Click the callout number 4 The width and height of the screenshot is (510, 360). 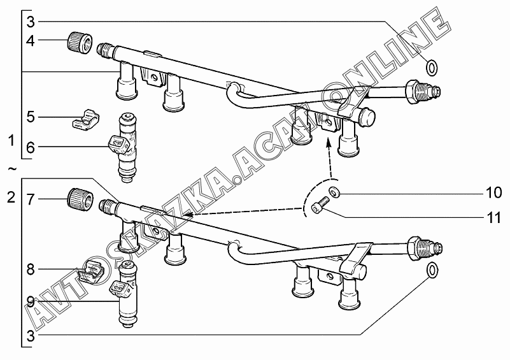[31, 41]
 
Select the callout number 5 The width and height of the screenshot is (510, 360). [31, 117]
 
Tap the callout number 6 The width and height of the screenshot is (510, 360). [31, 147]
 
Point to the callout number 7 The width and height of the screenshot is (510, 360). [31, 199]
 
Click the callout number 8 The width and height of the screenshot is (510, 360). [31, 269]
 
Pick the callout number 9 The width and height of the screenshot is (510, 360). [31, 303]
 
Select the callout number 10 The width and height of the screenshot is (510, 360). [494, 192]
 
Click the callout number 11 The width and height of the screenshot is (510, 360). [494, 217]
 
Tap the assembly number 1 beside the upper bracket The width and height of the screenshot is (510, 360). [11, 141]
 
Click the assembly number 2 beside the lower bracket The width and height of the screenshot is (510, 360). [11, 198]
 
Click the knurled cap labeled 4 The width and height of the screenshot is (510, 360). [80, 43]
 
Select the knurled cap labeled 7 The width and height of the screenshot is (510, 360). [80, 199]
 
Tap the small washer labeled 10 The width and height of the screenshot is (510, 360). [334, 192]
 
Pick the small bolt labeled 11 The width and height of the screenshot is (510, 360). [319, 206]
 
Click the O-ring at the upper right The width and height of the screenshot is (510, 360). [432, 68]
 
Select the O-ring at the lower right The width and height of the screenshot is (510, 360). [432, 271]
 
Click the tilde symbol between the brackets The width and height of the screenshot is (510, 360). [11, 169]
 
